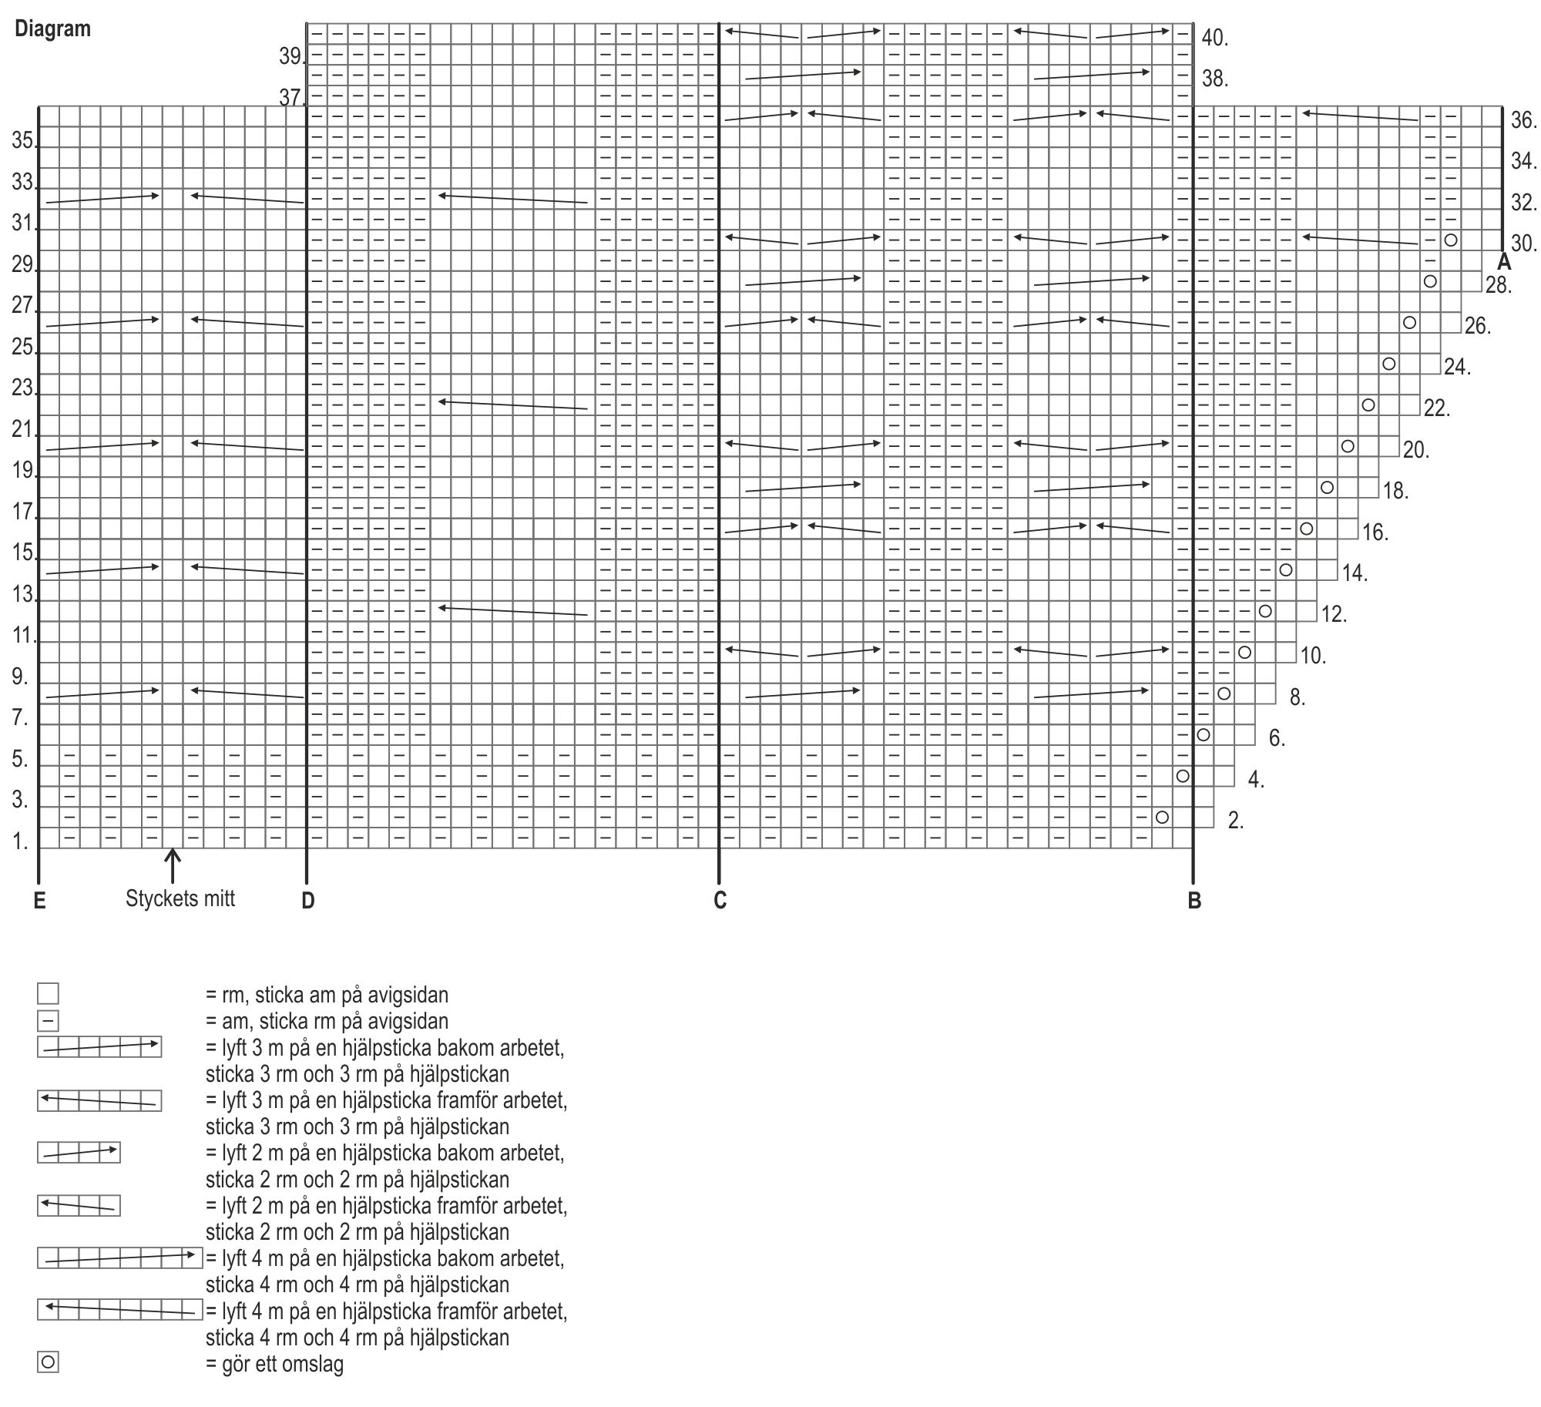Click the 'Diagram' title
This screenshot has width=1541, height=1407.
[52, 29]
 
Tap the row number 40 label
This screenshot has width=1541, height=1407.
[1214, 38]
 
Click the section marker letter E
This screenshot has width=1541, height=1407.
[40, 901]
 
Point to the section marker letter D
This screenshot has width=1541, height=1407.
[308, 901]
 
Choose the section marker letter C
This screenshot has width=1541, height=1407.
[720, 901]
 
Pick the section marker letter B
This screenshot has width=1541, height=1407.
[1194, 901]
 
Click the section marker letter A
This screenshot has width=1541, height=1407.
[1504, 263]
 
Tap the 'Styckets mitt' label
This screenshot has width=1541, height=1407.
[180, 898]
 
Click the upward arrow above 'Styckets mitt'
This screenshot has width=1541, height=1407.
[173, 865]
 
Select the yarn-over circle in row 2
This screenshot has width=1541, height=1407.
[1163, 817]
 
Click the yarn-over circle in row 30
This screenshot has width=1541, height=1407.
[1451, 240]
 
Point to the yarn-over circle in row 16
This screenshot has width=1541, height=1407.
[1307, 529]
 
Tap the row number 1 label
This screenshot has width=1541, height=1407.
[20, 842]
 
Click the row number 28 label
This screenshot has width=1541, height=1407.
[1498, 285]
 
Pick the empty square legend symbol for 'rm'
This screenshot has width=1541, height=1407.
[48, 993]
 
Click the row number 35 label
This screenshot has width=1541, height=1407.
[23, 141]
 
